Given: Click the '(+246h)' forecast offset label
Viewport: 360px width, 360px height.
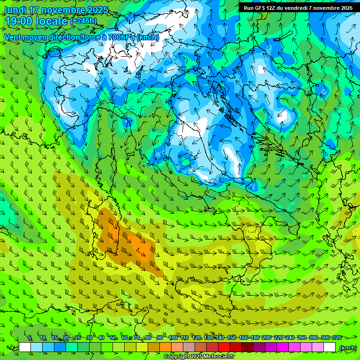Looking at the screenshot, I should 83,21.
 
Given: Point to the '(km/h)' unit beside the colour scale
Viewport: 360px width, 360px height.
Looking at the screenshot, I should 347,348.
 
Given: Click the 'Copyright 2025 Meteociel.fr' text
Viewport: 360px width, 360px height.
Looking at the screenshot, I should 200,357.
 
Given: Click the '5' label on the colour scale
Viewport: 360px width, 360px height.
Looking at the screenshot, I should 30,338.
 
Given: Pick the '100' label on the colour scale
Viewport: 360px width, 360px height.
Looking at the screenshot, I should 173,338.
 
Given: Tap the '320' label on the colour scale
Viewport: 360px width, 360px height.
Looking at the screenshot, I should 337,338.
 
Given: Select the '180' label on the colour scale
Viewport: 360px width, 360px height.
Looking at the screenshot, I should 255,338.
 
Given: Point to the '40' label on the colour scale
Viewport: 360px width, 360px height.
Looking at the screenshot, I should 101,338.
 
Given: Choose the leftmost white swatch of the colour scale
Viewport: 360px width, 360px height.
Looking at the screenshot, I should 25,347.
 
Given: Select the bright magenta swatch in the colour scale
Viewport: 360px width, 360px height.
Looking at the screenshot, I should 283,347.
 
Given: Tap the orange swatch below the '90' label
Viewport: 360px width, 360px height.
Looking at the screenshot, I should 165,347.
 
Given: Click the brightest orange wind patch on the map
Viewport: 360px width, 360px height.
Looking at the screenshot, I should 141,246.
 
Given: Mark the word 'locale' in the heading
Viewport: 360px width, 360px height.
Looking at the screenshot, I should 52,21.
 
